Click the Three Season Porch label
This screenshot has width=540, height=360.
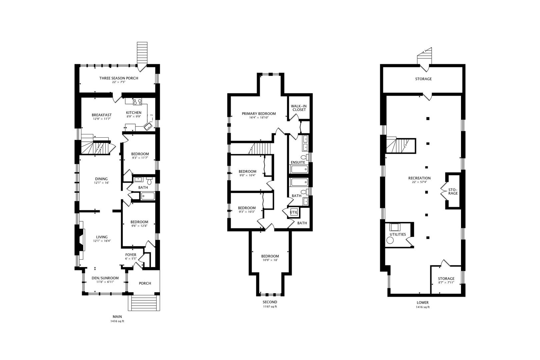pos(118,78)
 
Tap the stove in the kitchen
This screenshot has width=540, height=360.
pos(137,102)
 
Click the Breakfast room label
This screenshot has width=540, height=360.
pos(102,115)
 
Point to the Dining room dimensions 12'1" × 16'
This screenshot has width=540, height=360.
pos(102,183)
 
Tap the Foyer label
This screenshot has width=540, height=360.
pos(130,255)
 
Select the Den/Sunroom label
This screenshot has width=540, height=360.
pos(105,278)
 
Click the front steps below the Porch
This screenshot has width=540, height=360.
pos(144,303)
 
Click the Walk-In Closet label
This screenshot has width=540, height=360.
pos(299,108)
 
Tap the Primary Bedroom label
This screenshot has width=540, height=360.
pos(259,114)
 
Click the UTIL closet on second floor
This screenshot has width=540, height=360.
pos(293,212)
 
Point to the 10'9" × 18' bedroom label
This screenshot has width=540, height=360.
pos(270,258)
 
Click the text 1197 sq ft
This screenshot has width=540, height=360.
pos(270,307)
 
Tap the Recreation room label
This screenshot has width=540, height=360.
pos(419,178)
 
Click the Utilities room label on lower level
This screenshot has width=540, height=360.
pos(398,234)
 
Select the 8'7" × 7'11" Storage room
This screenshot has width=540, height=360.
pos(446,280)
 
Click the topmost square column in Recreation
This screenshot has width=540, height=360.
pos(427,118)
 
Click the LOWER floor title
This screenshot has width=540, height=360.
pos(423,303)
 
